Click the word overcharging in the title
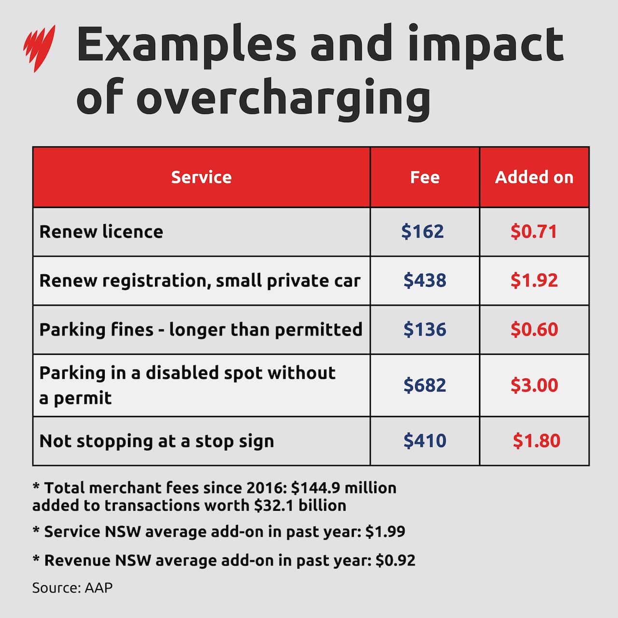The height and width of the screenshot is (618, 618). (x=283, y=98)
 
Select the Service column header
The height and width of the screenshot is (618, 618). (x=201, y=177)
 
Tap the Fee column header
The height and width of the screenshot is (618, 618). (x=425, y=177)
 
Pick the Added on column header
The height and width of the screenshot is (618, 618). (x=534, y=177)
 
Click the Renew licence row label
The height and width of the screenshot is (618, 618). (x=101, y=232)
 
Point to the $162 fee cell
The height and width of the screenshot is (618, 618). (x=422, y=232)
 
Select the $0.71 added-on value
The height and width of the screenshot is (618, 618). (x=534, y=232)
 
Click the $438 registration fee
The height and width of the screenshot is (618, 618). (x=425, y=281)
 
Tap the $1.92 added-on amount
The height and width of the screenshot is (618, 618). (x=534, y=281)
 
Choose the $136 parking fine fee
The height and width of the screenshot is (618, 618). (x=425, y=330)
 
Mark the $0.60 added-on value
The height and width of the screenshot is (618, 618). (x=534, y=330)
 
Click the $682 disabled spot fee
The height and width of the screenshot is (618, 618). (x=425, y=385)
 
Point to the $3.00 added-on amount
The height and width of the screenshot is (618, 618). (x=534, y=385)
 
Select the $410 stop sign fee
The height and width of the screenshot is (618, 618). (x=425, y=441)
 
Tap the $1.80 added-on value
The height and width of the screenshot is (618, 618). (x=536, y=441)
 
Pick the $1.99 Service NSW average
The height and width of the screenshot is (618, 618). (x=385, y=532)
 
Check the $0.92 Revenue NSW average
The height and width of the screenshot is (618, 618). (x=395, y=561)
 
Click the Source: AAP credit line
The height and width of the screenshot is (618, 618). (x=72, y=588)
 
